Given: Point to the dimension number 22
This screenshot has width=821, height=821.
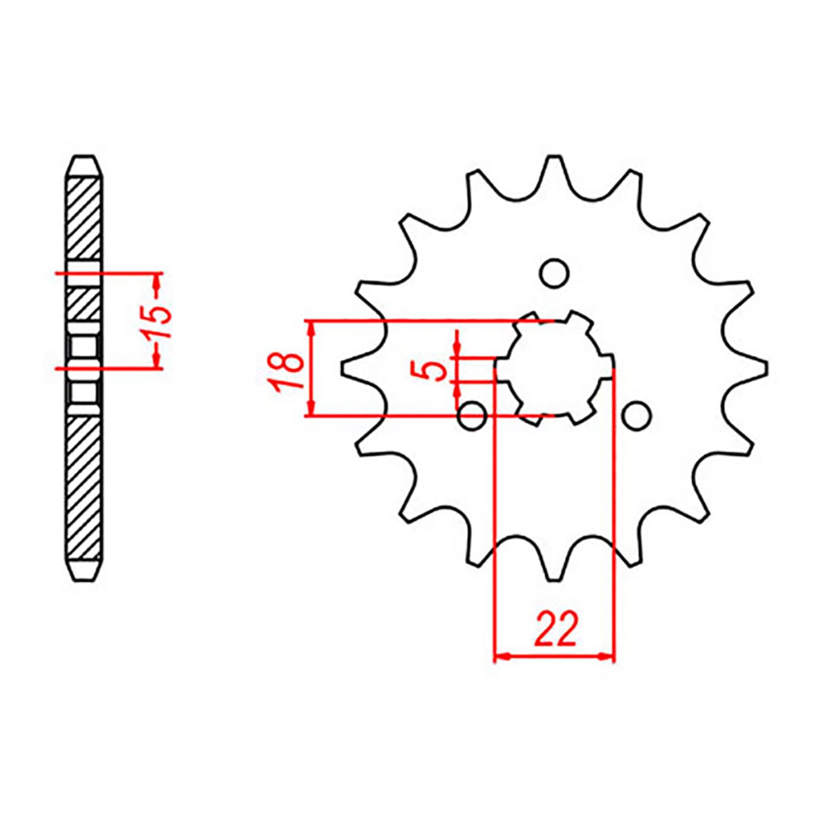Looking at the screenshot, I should pyautogui.click(x=555, y=630).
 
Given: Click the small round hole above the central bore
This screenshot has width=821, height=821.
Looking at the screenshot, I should pyautogui.click(x=554, y=273).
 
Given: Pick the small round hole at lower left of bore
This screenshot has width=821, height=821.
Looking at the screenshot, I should pyautogui.click(x=472, y=416).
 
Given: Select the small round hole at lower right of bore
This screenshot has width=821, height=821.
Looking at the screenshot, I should pyautogui.click(x=636, y=416).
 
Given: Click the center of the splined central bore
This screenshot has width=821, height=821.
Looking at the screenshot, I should pyautogui.click(x=554, y=368).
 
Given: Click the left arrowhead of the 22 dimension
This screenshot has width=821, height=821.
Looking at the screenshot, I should pyautogui.click(x=500, y=657).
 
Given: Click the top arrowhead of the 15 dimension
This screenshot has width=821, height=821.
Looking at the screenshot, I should pyautogui.click(x=157, y=280).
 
